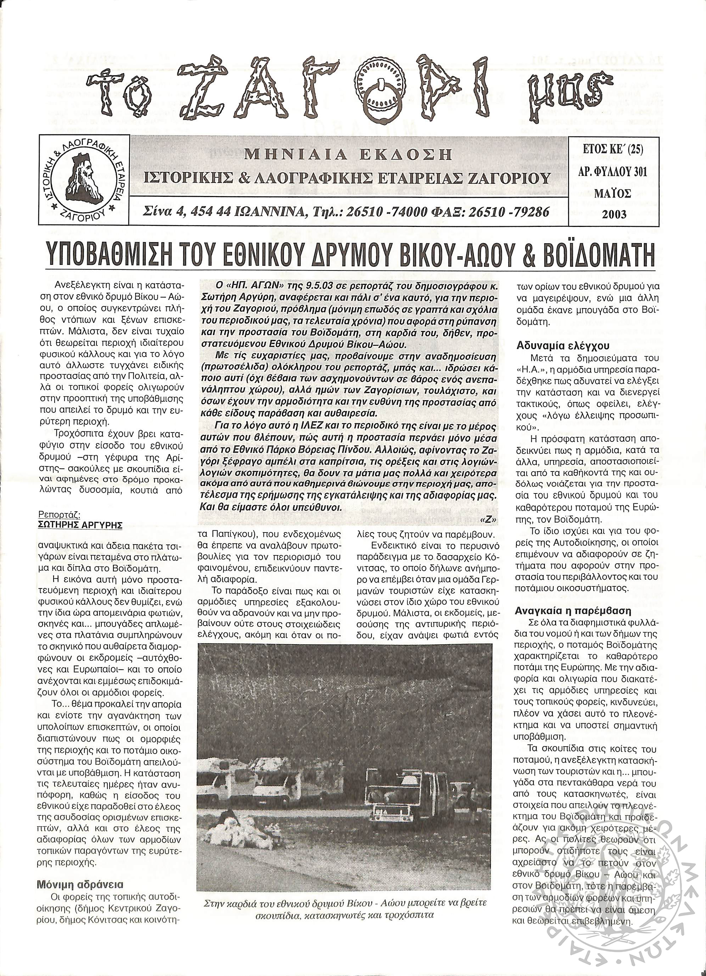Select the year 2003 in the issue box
[x=614, y=214]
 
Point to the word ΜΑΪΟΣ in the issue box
[x=613, y=193]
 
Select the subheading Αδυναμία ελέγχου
[x=557, y=346]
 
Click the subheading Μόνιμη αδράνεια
[x=80, y=873]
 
